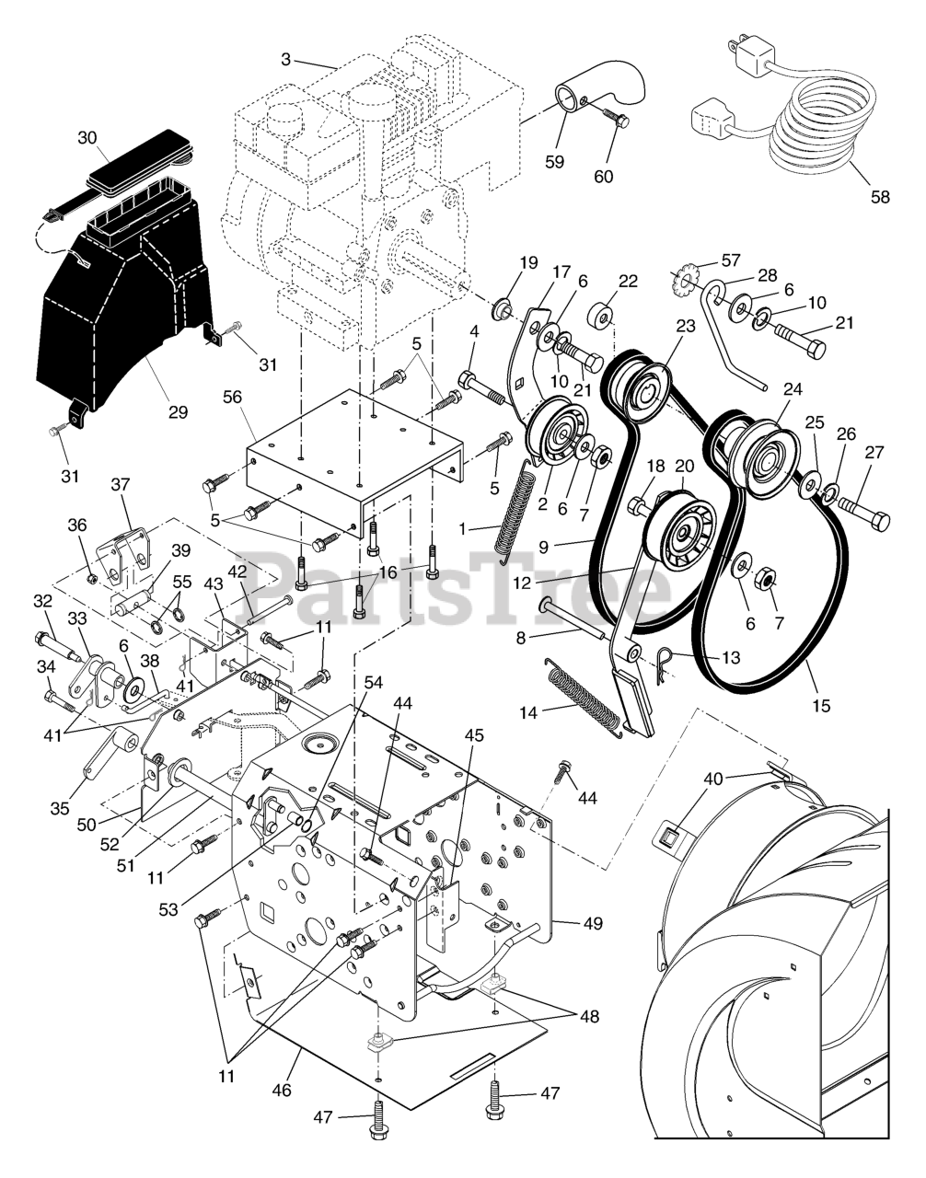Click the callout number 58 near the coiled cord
point(881,197)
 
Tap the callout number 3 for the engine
point(285,59)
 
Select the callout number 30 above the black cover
point(87,138)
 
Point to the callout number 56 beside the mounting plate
point(232,398)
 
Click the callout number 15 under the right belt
point(822,706)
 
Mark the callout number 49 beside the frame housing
point(594,923)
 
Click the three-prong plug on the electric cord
point(747,52)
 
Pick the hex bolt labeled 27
point(864,512)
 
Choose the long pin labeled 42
point(270,610)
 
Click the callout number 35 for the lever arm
point(60,808)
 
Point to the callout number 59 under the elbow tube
point(555,162)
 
